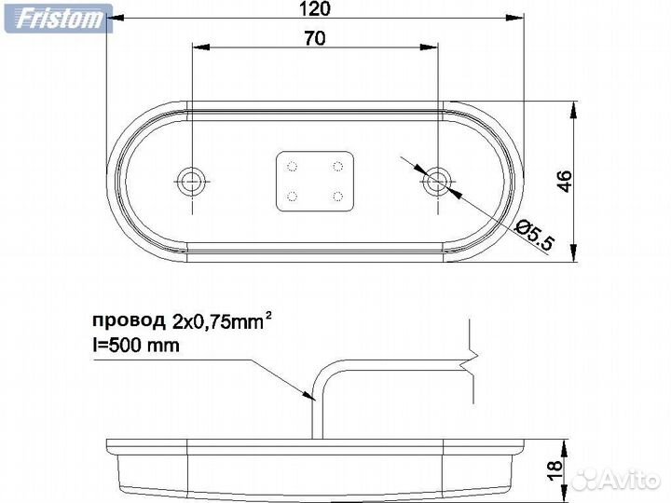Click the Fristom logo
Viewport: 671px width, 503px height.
[57, 17]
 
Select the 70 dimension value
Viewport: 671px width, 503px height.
[316, 38]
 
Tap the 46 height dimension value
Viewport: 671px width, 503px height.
[564, 181]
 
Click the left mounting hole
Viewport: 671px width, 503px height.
[192, 181]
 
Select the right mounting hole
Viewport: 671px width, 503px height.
[435, 181]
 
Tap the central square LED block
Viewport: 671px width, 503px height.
[316, 181]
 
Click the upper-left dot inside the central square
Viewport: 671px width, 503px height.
[293, 167]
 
